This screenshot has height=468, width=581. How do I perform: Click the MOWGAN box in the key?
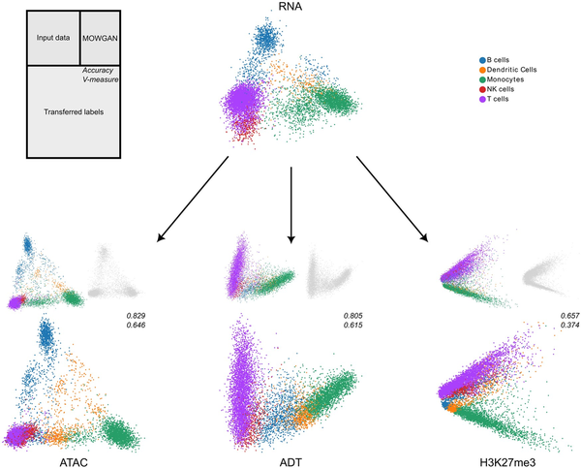pyautogui.click(x=100, y=38)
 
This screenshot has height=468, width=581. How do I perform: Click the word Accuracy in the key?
pyautogui.click(x=102, y=72)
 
